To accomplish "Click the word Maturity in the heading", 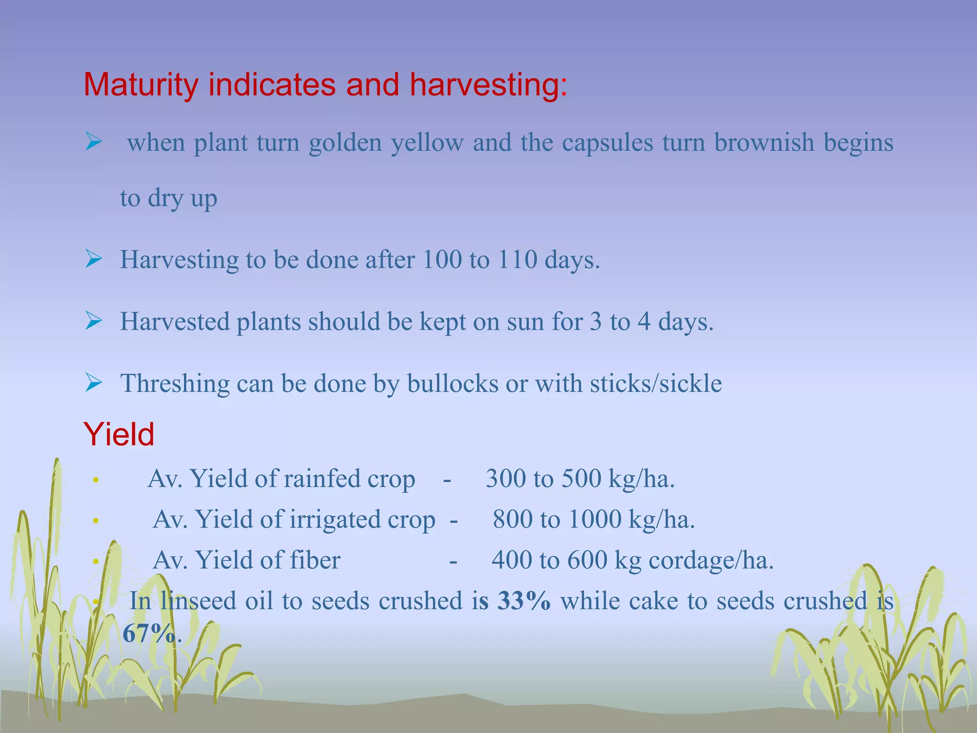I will pyautogui.click(x=141, y=85).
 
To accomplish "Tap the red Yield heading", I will pyautogui.click(x=119, y=434).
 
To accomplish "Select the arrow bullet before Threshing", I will pyautogui.click(x=94, y=383).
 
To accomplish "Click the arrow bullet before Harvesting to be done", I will pyautogui.click(x=94, y=259).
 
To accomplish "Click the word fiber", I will pyautogui.click(x=314, y=560).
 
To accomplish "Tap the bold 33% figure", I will pyautogui.click(x=523, y=600).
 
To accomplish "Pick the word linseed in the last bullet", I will pyautogui.click(x=198, y=600).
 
